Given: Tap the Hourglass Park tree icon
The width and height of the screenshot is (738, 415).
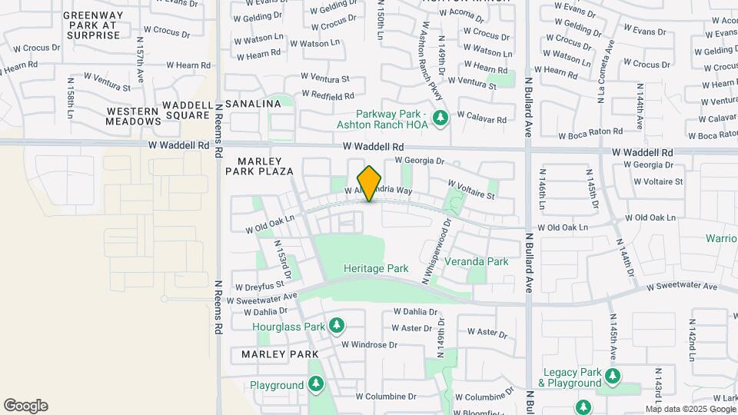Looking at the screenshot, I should pos(336,326).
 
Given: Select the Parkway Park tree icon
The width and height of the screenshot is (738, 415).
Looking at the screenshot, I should pos(440,118).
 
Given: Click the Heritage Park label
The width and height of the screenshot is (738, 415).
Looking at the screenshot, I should pos(376,269).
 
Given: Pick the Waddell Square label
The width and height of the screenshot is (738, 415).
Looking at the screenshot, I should pos(186,110).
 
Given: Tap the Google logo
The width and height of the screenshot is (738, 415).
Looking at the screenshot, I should pos(25,406).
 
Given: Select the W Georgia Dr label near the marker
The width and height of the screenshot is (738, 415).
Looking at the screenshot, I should pos(420,161).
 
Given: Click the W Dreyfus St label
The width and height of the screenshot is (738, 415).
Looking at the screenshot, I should pos(260,286).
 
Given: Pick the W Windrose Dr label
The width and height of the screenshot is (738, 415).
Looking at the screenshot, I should pos(370,344).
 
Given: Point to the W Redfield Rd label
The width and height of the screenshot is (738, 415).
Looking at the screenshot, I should pos(327,95).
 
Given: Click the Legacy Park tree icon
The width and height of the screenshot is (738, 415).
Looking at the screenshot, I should pos(613,376).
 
